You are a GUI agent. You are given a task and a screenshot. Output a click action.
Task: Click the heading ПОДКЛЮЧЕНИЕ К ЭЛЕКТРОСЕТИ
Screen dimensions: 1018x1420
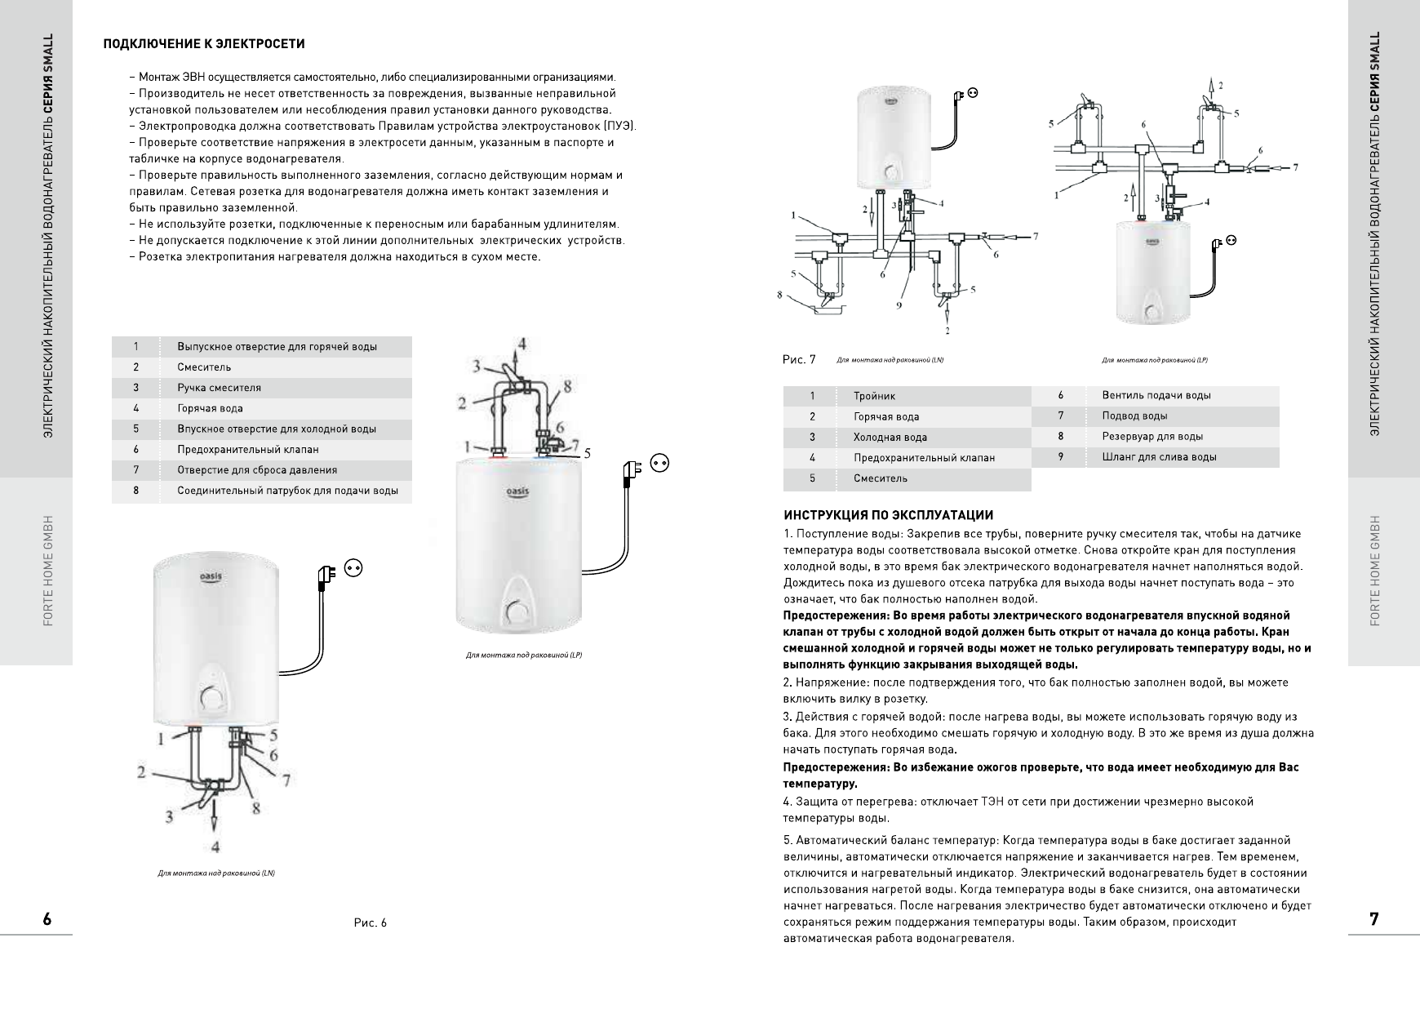point(203,43)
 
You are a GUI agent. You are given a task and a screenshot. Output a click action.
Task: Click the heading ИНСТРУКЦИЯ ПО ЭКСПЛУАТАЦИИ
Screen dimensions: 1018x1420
point(888,515)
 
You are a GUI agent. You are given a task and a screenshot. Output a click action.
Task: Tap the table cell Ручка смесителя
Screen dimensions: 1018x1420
point(219,388)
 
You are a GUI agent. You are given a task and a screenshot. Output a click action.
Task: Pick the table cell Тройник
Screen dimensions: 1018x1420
point(874,396)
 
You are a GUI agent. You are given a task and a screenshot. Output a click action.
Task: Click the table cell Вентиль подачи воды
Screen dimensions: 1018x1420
point(1156,395)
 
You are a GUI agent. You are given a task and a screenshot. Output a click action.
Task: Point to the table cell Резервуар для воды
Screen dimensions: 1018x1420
point(1152,437)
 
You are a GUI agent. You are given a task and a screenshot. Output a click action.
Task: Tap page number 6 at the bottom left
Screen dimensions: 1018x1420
point(47,919)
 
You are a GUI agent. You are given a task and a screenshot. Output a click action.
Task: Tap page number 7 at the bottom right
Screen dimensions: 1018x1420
point(1374,919)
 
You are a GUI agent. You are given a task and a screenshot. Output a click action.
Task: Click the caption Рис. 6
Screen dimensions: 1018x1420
point(371,923)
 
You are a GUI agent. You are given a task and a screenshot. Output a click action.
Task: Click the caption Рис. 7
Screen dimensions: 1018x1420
point(799,360)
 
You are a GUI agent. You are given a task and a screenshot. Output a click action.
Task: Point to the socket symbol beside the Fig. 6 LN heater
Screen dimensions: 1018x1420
point(353,567)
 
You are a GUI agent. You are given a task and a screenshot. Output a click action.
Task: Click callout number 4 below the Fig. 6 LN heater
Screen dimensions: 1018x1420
point(215,845)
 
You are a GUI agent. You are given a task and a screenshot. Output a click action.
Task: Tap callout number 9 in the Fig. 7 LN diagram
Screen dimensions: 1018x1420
point(899,305)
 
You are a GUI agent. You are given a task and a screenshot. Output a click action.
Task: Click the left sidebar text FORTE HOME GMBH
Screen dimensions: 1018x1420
point(47,571)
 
